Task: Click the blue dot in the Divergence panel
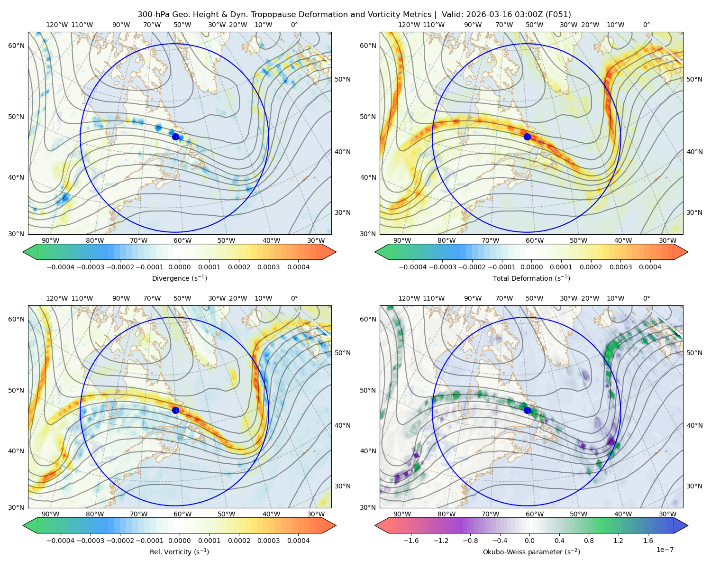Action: coord(175,137)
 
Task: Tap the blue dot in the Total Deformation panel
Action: coord(527,137)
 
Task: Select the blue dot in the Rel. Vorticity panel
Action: coord(175,410)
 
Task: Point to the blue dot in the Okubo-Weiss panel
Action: coord(527,410)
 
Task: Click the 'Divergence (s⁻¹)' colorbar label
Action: coord(179,278)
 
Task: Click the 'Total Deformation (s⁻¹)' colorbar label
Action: coord(531,278)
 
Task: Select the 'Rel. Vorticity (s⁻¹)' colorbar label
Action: coord(179,552)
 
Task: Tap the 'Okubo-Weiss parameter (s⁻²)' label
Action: coord(531,552)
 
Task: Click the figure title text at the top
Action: coord(354,15)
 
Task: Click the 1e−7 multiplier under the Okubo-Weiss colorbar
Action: coord(665,550)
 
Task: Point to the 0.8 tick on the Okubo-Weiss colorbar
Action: coord(589,541)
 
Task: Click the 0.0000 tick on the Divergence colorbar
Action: coord(179,267)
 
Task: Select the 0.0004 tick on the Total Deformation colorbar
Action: coord(650,267)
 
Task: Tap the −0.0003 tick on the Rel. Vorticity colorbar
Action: coord(90,541)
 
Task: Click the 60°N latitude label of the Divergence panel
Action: coord(16,46)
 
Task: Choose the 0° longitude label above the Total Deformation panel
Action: coord(646,25)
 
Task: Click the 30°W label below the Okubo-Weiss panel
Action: coord(667,514)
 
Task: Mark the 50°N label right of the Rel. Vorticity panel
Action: coord(343,353)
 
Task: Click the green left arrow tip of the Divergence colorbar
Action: coord(23,252)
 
